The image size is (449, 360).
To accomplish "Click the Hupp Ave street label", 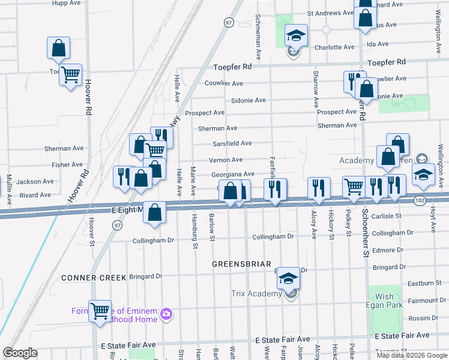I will (67, 3).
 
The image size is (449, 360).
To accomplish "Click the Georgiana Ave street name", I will (233, 174).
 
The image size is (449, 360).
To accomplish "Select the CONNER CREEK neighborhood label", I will (94, 278).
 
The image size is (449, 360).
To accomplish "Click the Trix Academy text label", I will (256, 294).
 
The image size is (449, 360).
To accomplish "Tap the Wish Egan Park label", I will (385, 301).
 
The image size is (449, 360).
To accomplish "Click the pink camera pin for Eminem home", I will (167, 314).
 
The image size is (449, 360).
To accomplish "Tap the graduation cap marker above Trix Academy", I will (289, 278).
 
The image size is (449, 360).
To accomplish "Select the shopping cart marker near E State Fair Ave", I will (100, 311).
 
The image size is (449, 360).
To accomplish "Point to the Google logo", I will (20, 353).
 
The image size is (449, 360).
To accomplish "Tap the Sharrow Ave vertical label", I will (315, 89).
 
